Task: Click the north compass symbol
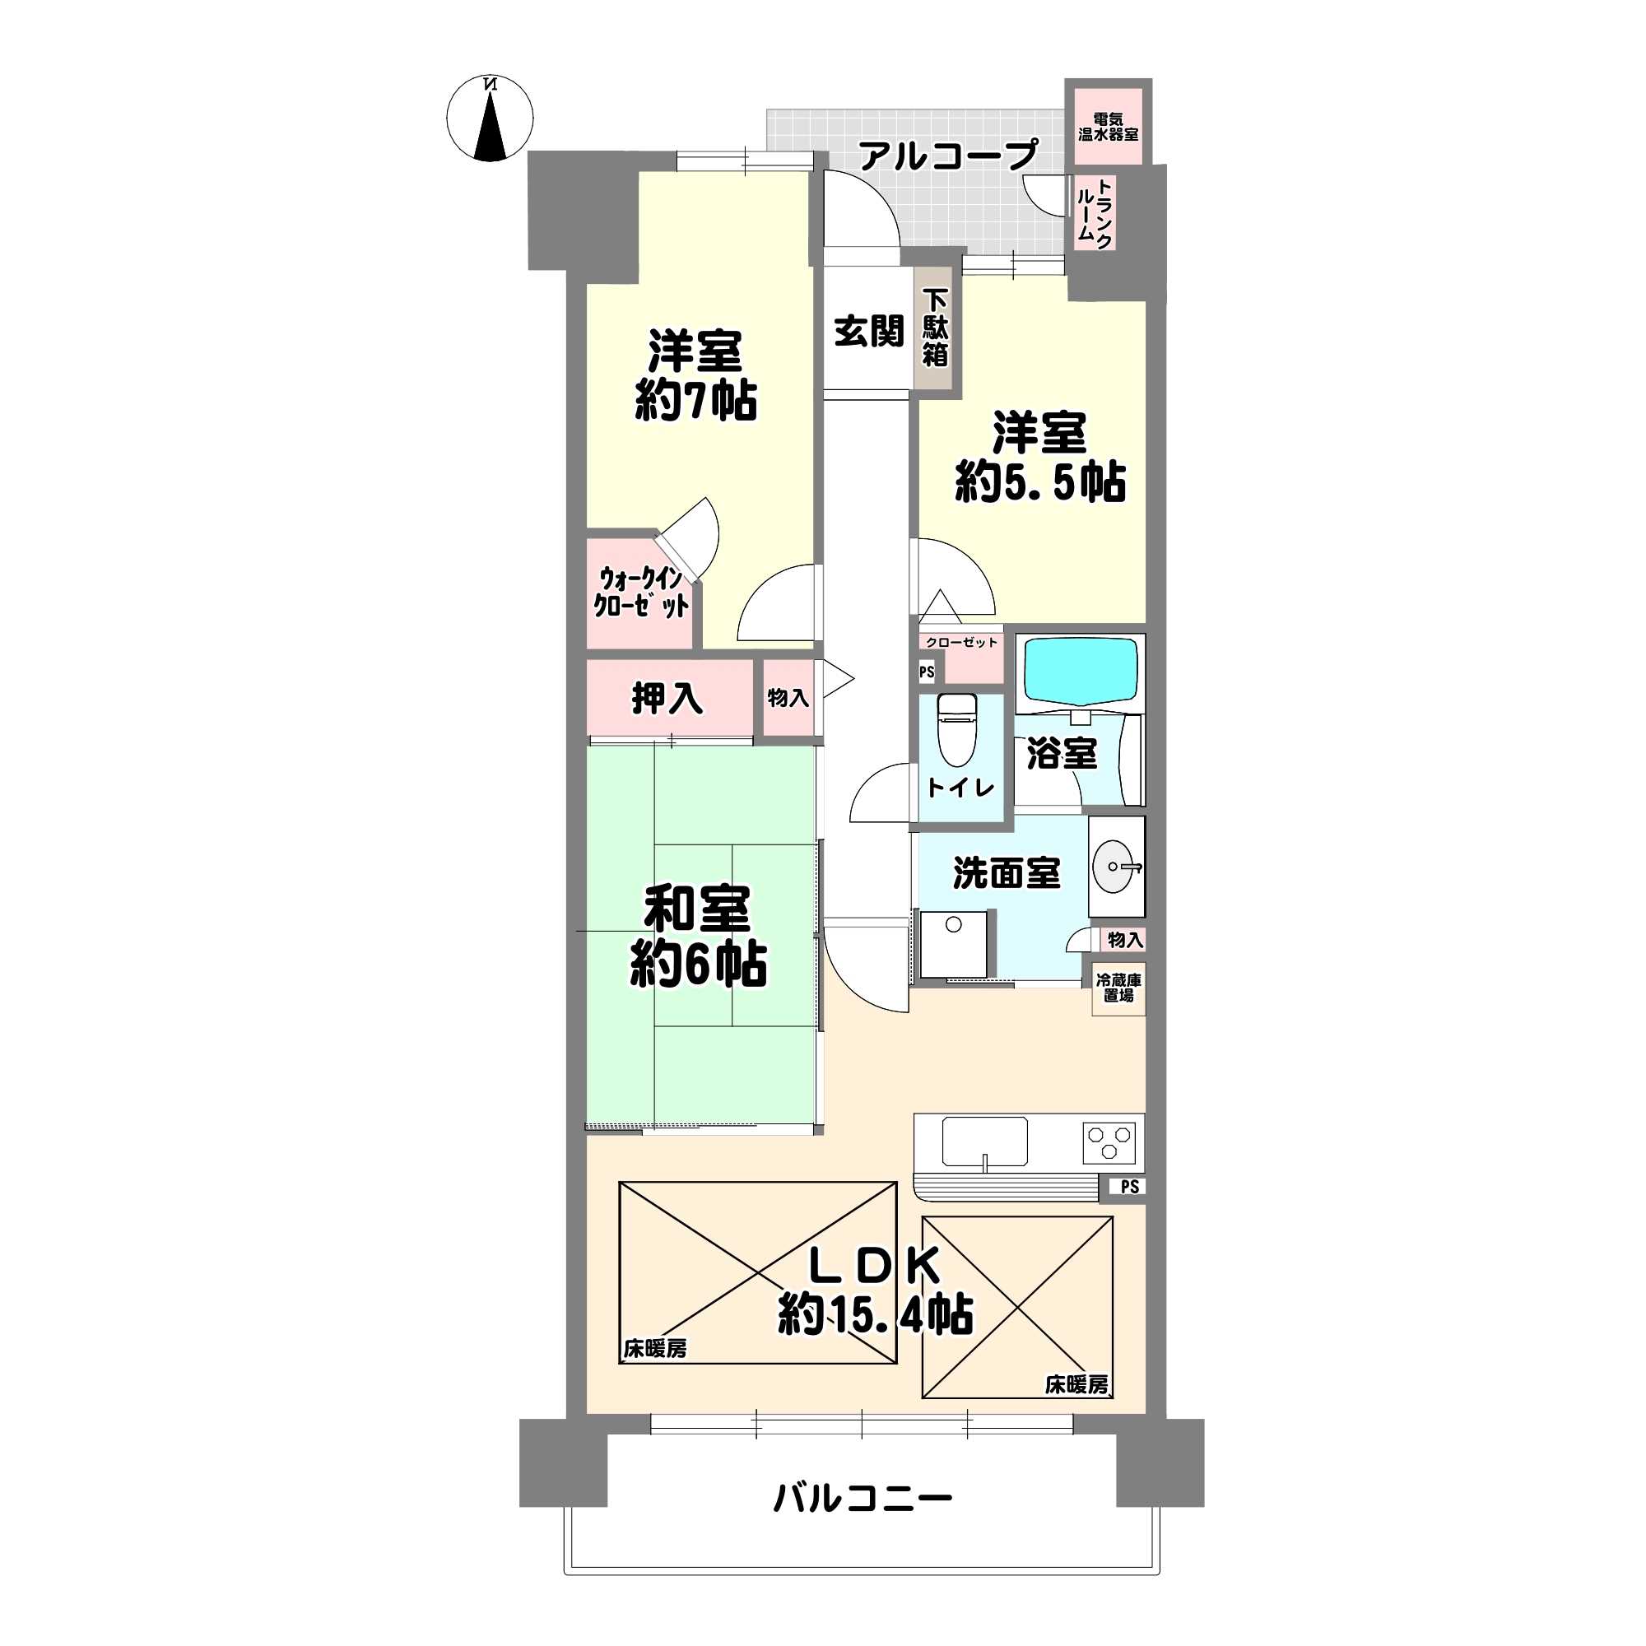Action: coord(490,119)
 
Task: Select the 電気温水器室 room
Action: coord(1108,127)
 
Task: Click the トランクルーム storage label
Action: coord(1094,213)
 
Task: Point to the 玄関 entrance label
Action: coord(868,331)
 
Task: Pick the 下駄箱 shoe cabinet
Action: coord(935,328)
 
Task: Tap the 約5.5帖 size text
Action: coord(1040,482)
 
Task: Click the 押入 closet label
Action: coord(667,698)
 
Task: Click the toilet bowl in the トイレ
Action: coord(958,728)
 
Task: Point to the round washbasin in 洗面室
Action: coord(1115,867)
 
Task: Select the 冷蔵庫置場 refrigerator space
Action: coord(1118,988)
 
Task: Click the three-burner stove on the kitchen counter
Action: coord(1109,1142)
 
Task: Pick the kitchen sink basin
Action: coord(984,1142)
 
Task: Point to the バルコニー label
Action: coord(863,1498)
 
